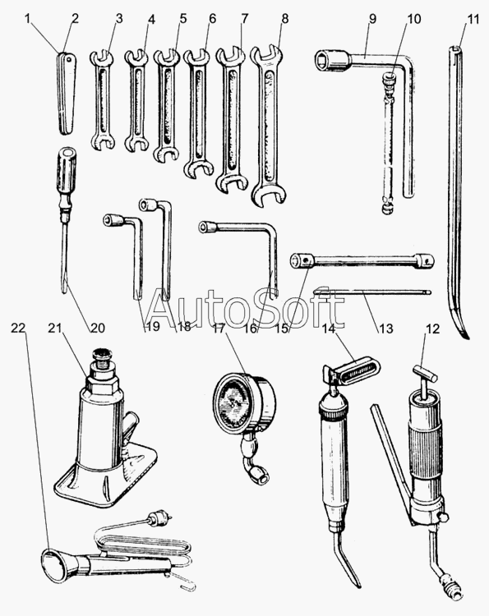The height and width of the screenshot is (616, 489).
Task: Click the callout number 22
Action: (18, 328)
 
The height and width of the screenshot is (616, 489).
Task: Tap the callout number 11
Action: (473, 18)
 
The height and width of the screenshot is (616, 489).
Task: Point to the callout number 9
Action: (372, 18)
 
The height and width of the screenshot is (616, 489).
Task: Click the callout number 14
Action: (330, 328)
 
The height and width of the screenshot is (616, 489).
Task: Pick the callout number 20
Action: (98, 328)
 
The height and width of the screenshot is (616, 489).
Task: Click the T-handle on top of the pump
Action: (426, 373)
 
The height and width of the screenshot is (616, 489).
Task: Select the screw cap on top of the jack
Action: (104, 356)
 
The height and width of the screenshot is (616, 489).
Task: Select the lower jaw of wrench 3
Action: (104, 143)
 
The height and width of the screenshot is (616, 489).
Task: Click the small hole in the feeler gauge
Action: (69, 60)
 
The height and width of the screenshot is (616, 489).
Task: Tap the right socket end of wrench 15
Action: (426, 260)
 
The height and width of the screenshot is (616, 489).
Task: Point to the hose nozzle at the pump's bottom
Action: (450, 586)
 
